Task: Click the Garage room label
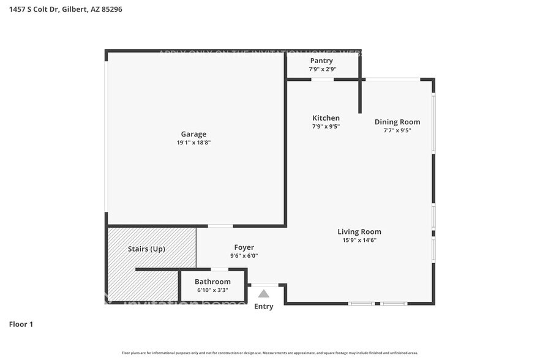pyautogui.click(x=193, y=134)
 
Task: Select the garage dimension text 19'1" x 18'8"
pyautogui.click(x=193, y=143)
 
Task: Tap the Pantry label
pyautogui.click(x=321, y=61)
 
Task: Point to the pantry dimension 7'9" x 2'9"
pyautogui.click(x=322, y=69)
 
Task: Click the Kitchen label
pyautogui.click(x=326, y=118)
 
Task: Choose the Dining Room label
pyautogui.click(x=397, y=122)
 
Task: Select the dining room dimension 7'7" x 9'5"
pyautogui.click(x=397, y=130)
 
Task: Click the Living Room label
pyautogui.click(x=359, y=231)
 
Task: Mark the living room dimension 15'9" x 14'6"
pyautogui.click(x=359, y=240)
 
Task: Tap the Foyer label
pyautogui.click(x=244, y=247)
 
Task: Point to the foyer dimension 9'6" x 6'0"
pyautogui.click(x=244, y=256)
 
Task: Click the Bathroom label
pyautogui.click(x=212, y=282)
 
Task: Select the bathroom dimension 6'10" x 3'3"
pyautogui.click(x=212, y=290)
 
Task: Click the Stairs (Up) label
pyautogui.click(x=146, y=249)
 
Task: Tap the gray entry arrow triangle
pyautogui.click(x=263, y=293)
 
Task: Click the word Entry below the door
pyautogui.click(x=264, y=307)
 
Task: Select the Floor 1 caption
pyautogui.click(x=21, y=324)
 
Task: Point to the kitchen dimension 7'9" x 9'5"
pyautogui.click(x=326, y=127)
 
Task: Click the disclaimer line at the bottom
pyautogui.click(x=270, y=353)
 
